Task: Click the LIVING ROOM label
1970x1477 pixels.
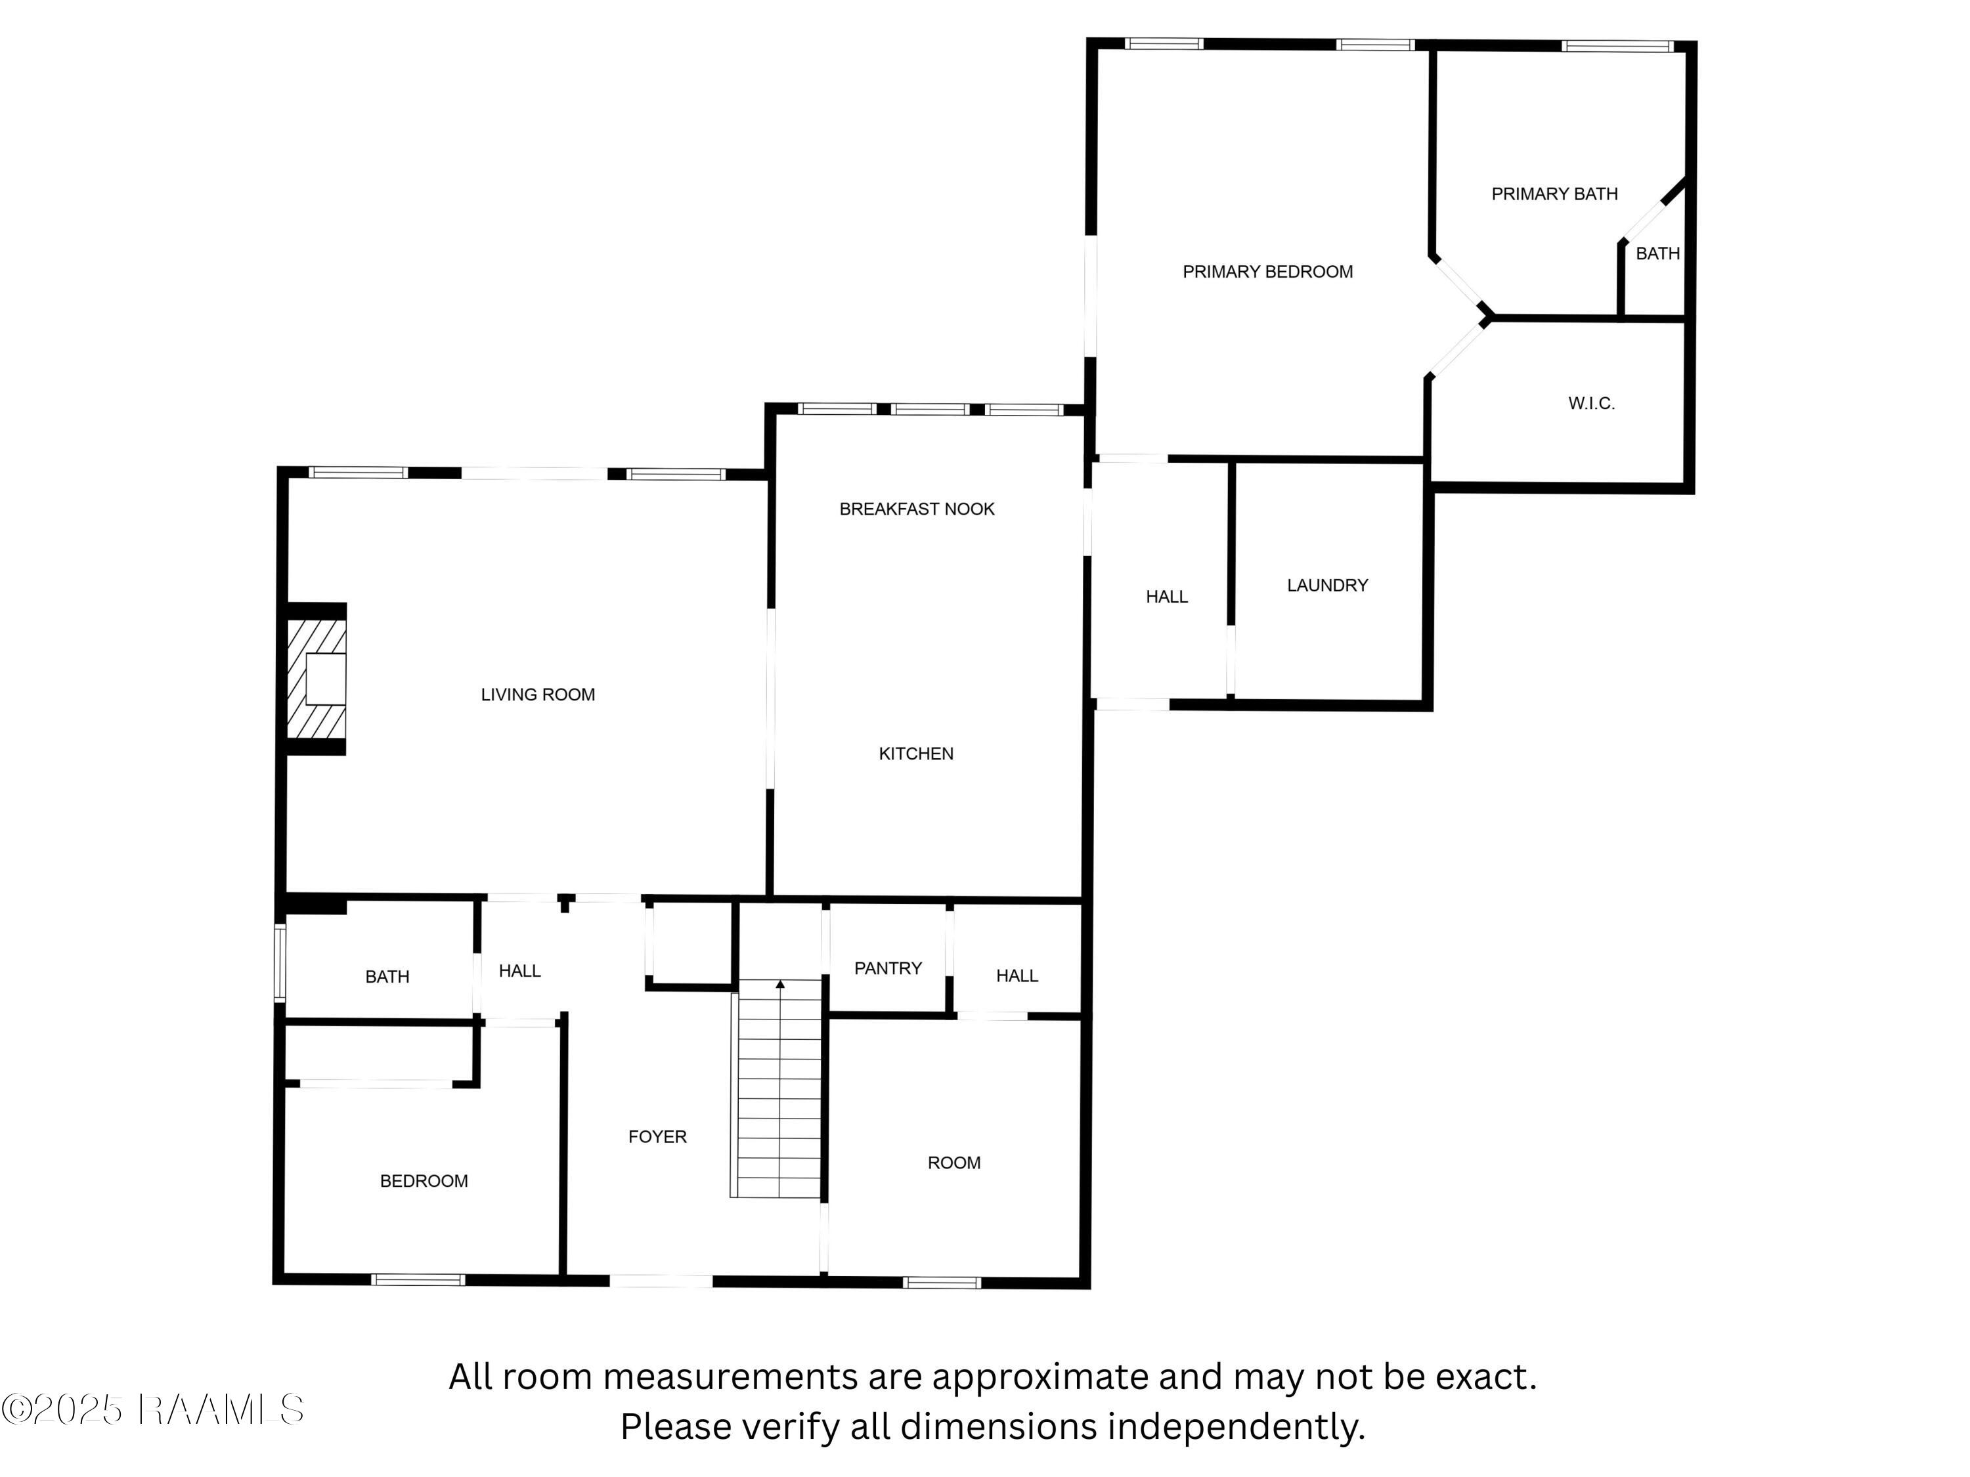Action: point(538,695)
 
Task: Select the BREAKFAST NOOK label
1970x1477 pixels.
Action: point(917,509)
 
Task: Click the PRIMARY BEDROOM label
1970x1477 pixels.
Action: point(1267,272)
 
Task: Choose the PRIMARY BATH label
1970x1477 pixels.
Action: point(1554,194)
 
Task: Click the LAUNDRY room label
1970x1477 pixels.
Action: point(1327,585)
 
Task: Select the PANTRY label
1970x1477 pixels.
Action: point(888,968)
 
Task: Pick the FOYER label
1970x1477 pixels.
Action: point(657,1137)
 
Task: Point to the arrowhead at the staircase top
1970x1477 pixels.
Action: point(780,984)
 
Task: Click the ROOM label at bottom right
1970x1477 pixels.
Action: point(954,1163)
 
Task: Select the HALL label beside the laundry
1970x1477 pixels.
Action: point(1167,597)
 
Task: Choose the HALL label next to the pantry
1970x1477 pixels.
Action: point(1017,975)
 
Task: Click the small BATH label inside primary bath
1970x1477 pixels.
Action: point(1657,254)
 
